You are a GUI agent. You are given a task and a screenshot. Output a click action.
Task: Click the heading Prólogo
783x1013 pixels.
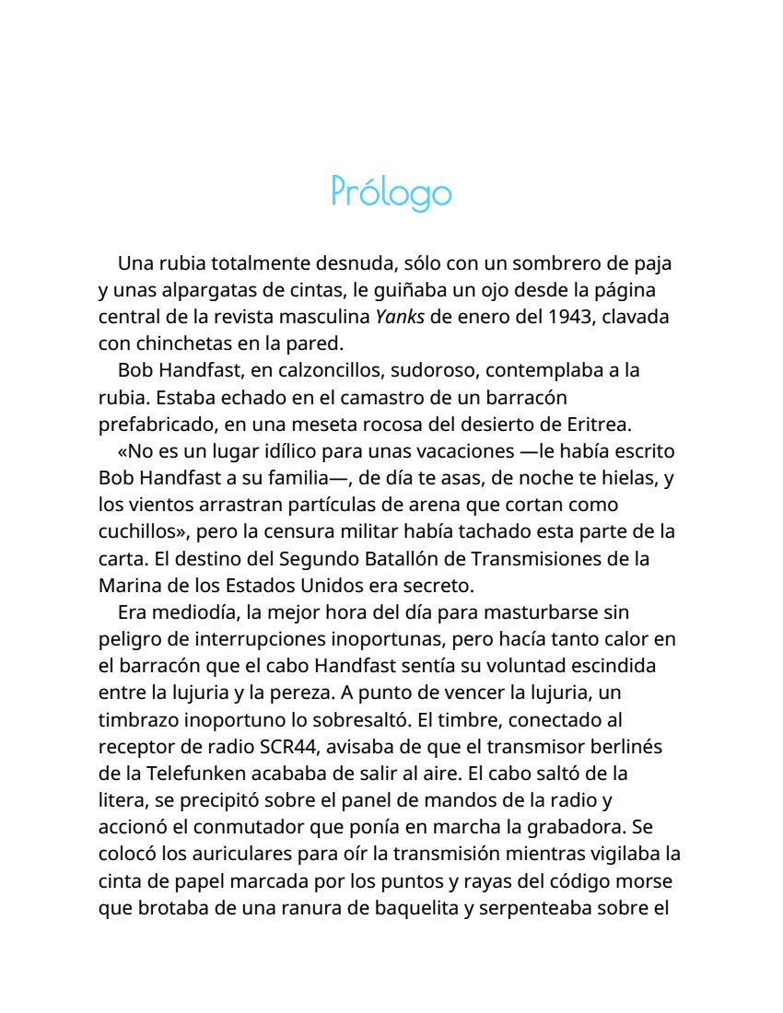click(391, 192)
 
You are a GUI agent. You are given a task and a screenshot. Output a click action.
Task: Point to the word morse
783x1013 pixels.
click(649, 879)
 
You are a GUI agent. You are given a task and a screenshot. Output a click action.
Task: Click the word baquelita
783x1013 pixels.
click(411, 906)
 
